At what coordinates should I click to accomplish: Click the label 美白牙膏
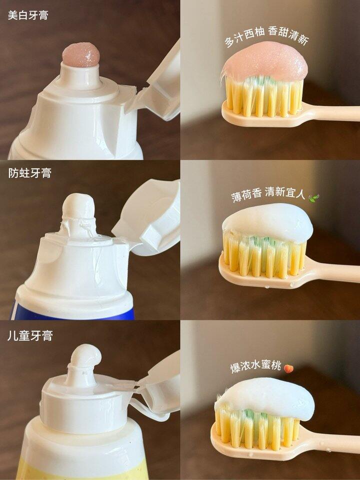pos(28,15)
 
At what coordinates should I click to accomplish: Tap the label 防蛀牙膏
pos(29,173)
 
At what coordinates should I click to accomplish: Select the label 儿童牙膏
pos(30,336)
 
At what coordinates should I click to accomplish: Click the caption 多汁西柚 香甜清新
pos(266,36)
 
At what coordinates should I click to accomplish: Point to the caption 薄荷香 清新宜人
pos(268,194)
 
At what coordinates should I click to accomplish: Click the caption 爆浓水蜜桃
pos(255,366)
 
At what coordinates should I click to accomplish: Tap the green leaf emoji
pos(314,197)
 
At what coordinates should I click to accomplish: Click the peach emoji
pos(288,368)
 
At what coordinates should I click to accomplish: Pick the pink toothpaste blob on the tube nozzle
pos(81,54)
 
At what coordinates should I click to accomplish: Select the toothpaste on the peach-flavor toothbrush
pos(265,395)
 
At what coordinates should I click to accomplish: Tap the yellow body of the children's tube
pos(82,468)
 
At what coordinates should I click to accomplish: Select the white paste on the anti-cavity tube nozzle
pos(79,208)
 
